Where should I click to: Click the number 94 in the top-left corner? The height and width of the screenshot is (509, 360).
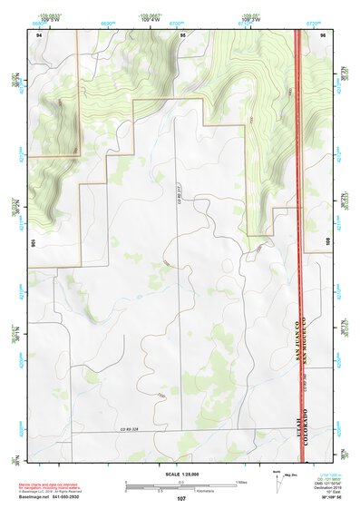pos(39,34)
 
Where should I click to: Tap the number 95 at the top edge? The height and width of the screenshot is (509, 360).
pos(182,34)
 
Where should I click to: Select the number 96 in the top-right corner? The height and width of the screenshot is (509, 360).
pos(323,34)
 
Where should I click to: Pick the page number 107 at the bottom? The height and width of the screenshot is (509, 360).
pos(181,498)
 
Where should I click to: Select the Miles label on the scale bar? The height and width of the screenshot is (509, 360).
pos(240,481)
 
